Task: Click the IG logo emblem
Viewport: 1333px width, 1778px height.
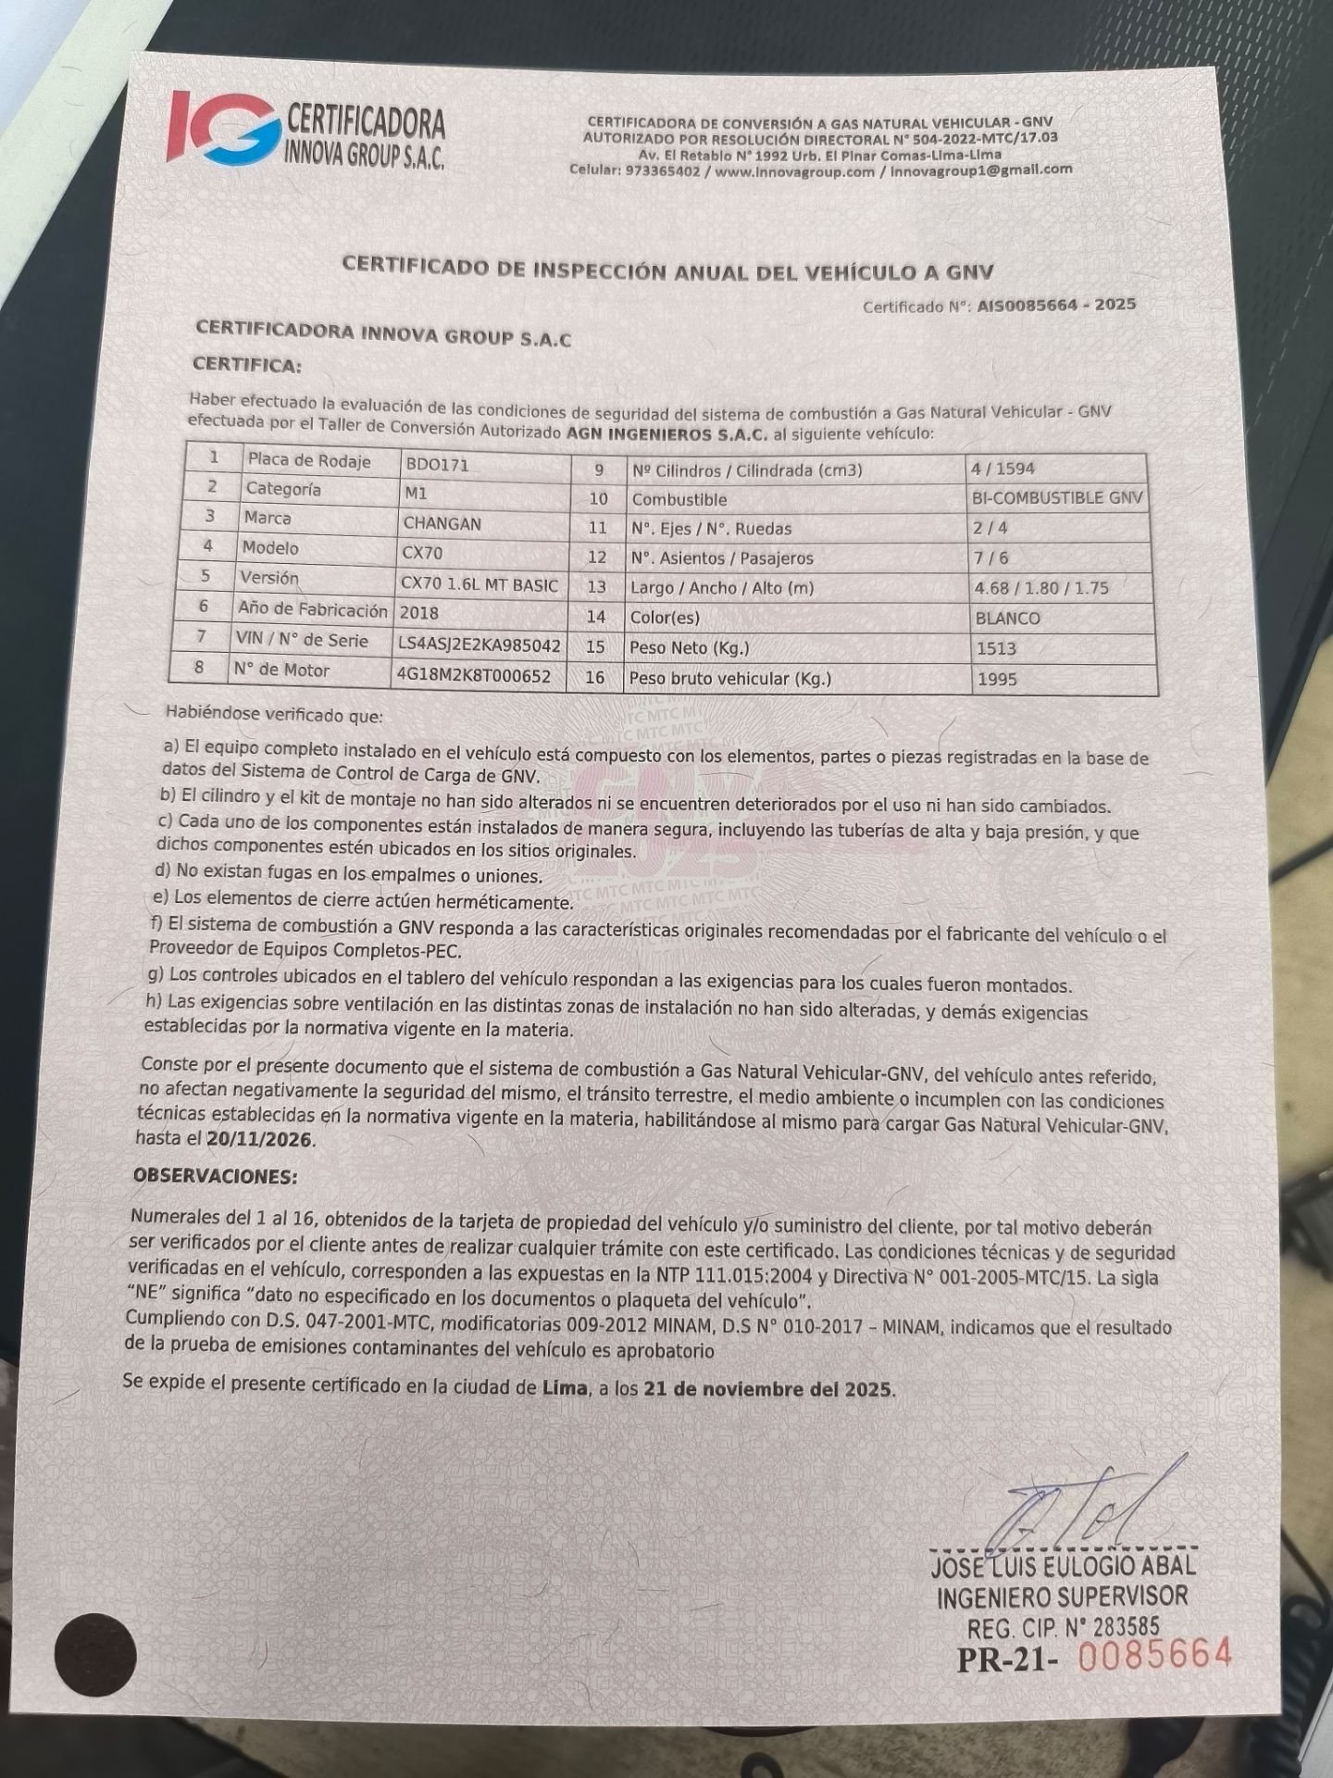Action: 222,132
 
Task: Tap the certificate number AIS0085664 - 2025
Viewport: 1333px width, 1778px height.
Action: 1056,305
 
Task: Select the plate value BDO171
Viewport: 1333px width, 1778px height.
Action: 437,464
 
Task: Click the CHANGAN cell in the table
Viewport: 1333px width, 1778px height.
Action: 442,523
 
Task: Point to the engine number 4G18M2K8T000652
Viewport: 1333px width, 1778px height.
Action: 473,675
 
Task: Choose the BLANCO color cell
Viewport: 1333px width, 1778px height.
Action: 1007,618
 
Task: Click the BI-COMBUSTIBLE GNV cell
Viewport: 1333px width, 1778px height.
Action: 1056,498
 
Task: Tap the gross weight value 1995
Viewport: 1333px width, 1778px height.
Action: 996,679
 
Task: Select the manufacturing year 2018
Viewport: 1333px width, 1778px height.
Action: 418,612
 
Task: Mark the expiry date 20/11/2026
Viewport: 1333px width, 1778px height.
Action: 260,1140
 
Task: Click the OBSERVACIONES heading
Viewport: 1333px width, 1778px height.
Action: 216,1176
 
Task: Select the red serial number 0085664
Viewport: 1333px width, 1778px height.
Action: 1155,1655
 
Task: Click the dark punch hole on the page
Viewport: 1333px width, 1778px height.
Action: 95,1656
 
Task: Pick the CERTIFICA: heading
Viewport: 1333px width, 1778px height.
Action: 246,366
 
